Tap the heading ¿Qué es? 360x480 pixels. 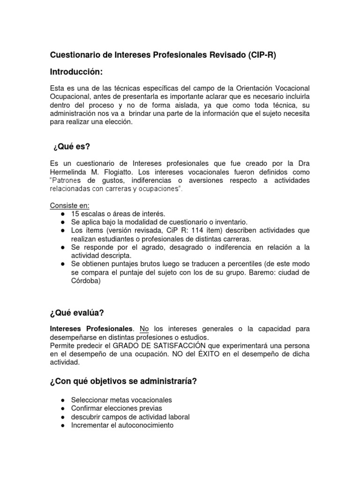point(71,148)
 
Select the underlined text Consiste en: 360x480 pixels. point(69,205)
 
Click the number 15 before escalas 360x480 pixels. point(75,214)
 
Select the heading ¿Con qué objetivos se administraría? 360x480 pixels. point(123,382)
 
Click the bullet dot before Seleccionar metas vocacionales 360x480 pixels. point(63,400)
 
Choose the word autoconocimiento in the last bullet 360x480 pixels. point(145,425)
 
